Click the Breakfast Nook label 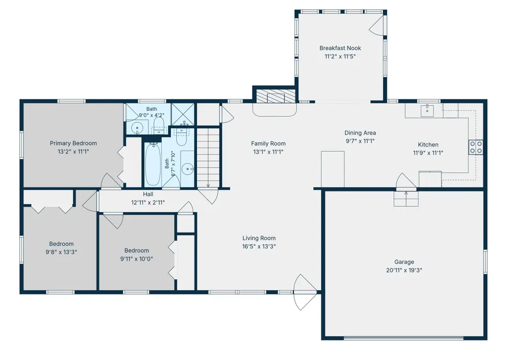coord(340,48)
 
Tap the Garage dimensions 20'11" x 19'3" coord(404,270)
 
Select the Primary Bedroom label coord(73,143)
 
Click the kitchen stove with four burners coord(476,147)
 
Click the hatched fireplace coord(276,96)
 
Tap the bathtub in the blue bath coord(153,164)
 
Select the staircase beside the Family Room coord(208,158)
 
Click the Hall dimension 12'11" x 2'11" coord(148,202)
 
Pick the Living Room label coord(259,238)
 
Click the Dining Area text coord(360,133)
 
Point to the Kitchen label coord(428,145)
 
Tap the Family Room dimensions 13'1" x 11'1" coord(268,152)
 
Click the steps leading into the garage coord(406,199)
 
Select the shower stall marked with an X coord(183,114)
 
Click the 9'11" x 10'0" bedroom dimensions coord(137,259)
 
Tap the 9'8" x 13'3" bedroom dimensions coord(61,252)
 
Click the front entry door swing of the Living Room coord(305,292)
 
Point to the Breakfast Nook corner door coord(377,25)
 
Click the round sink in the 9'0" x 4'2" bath coord(137,127)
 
